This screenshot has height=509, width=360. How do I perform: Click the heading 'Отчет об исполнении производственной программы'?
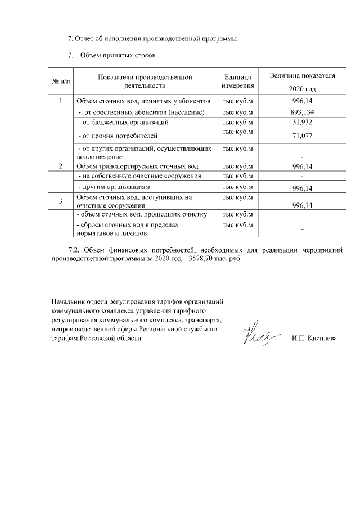pyautogui.click(x=152, y=39)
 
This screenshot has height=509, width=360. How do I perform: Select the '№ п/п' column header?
pyautogui.click(x=61, y=82)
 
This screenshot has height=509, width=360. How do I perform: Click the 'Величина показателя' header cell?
pyautogui.click(x=303, y=75)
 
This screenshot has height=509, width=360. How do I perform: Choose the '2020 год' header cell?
pyautogui.click(x=303, y=89)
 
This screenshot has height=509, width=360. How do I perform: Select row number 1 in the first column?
pyautogui.click(x=61, y=101)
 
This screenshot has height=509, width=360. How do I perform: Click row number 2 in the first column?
pyautogui.click(x=61, y=166)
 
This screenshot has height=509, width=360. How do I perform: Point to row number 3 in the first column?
pyautogui.click(x=61, y=201)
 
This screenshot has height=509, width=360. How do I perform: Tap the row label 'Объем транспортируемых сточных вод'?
pyautogui.click(x=138, y=166)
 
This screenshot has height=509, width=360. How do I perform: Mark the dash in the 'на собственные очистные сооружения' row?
pyautogui.click(x=303, y=177)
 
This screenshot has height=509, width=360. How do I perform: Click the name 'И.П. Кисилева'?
pyautogui.click(x=315, y=339)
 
